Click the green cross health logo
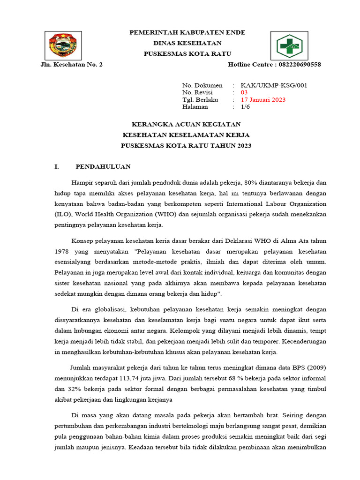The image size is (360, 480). (288, 45)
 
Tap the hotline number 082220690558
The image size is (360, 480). (294, 64)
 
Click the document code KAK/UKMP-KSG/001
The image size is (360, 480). (274, 85)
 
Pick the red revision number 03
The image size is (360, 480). (244, 92)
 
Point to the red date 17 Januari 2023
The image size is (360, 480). (262, 100)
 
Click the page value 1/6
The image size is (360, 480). (245, 107)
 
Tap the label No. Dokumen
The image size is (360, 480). (202, 85)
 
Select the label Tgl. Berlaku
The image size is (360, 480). (200, 100)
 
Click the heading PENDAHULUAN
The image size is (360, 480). (103, 166)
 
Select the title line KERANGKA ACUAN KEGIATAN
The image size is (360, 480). (186, 124)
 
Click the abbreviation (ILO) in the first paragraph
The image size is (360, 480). (61, 214)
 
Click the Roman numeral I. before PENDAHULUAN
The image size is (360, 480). (57, 166)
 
